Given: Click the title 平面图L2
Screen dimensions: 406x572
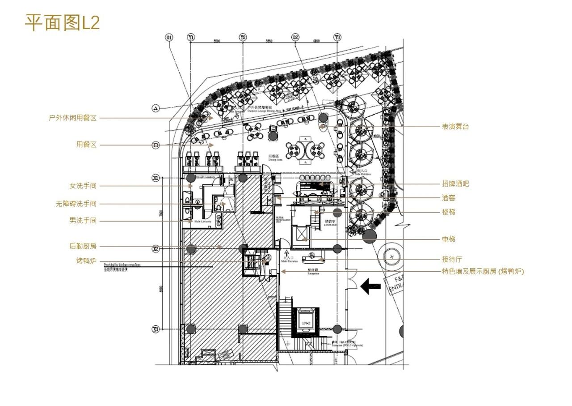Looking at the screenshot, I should pos(62,23).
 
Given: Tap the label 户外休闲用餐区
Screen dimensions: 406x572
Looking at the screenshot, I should pos(73,118).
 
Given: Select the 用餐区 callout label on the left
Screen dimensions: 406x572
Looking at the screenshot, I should pos(86,145).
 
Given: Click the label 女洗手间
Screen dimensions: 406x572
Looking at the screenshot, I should pos(83,186).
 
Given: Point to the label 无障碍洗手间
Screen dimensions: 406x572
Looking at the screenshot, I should pos(76,204).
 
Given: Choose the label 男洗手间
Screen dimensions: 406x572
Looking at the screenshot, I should pos(83,221).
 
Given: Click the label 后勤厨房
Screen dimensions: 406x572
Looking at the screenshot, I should pos(83,246).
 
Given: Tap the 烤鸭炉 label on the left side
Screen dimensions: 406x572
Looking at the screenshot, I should pos(86,261).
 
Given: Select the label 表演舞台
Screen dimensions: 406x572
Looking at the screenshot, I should pos(455,127).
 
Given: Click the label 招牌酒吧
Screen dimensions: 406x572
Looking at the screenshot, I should pos(455,184).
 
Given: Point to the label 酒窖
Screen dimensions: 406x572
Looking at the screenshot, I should pos(449,198).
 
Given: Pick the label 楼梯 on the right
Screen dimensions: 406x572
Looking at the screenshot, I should pos(449,212).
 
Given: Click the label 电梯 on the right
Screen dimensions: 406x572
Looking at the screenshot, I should pos(449,239).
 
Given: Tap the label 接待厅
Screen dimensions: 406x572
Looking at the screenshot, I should pos(452,259).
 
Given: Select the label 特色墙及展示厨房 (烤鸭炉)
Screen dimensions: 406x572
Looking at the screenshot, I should pos(483,271).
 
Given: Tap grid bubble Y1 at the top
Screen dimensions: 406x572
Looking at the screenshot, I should pos(191,38).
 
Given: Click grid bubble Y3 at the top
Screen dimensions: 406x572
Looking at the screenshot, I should pos(337,38).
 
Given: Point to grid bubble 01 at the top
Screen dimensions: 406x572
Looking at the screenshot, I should pos(169,38).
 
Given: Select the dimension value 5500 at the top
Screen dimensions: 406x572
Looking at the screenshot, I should pos(217,41).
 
